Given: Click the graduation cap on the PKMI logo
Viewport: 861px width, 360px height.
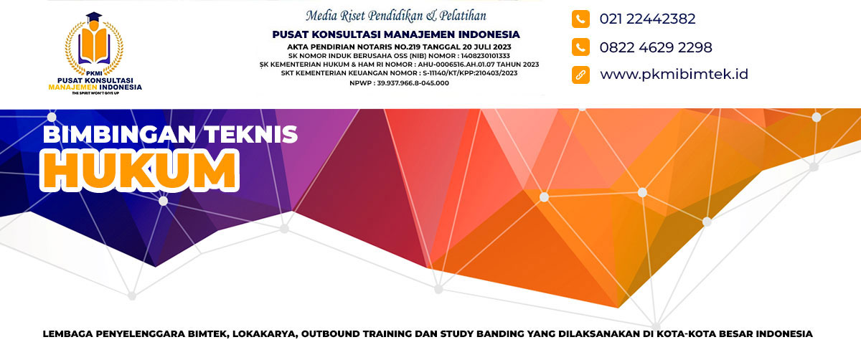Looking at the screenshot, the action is click(x=94, y=18).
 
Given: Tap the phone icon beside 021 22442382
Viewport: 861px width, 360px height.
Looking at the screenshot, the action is click(x=580, y=19).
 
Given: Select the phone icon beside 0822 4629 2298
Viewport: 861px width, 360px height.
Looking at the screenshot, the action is click(x=580, y=47).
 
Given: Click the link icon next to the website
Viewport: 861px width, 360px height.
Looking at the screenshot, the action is click(x=580, y=75).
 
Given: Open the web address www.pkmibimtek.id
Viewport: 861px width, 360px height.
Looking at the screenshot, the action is click(x=674, y=74).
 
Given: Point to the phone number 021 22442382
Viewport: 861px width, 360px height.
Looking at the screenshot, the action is click(x=648, y=19).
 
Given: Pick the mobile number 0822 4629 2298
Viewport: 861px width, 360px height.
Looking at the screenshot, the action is click(x=656, y=47).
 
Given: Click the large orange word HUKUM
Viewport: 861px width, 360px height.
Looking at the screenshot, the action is click(x=139, y=171).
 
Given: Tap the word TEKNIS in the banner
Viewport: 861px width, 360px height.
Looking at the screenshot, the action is click(x=250, y=135).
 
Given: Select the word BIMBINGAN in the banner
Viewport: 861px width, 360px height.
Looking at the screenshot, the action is click(x=119, y=135).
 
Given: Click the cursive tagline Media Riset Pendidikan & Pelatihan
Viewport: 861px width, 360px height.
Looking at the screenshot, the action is click(x=396, y=16).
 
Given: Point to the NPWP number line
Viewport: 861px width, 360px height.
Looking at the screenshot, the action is click(x=399, y=83).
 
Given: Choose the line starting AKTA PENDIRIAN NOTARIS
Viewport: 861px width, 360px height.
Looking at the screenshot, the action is click(x=399, y=47).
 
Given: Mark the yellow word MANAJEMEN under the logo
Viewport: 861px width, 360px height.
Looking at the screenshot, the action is click(x=72, y=87).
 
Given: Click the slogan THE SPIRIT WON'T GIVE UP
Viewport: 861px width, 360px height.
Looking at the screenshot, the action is click(x=95, y=93).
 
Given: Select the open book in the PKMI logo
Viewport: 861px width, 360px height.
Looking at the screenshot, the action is click(x=94, y=46).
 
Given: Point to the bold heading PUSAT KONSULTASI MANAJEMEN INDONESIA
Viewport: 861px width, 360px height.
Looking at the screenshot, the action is click(x=396, y=34).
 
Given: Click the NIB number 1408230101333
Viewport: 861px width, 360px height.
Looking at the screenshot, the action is click(x=486, y=56).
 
